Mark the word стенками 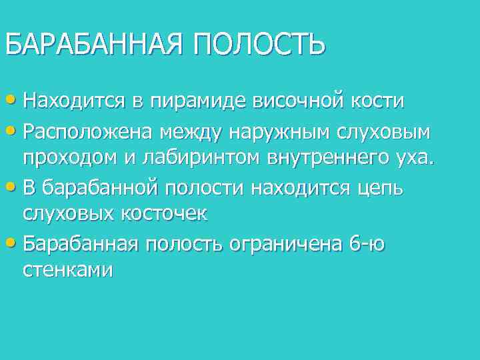click(68, 271)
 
